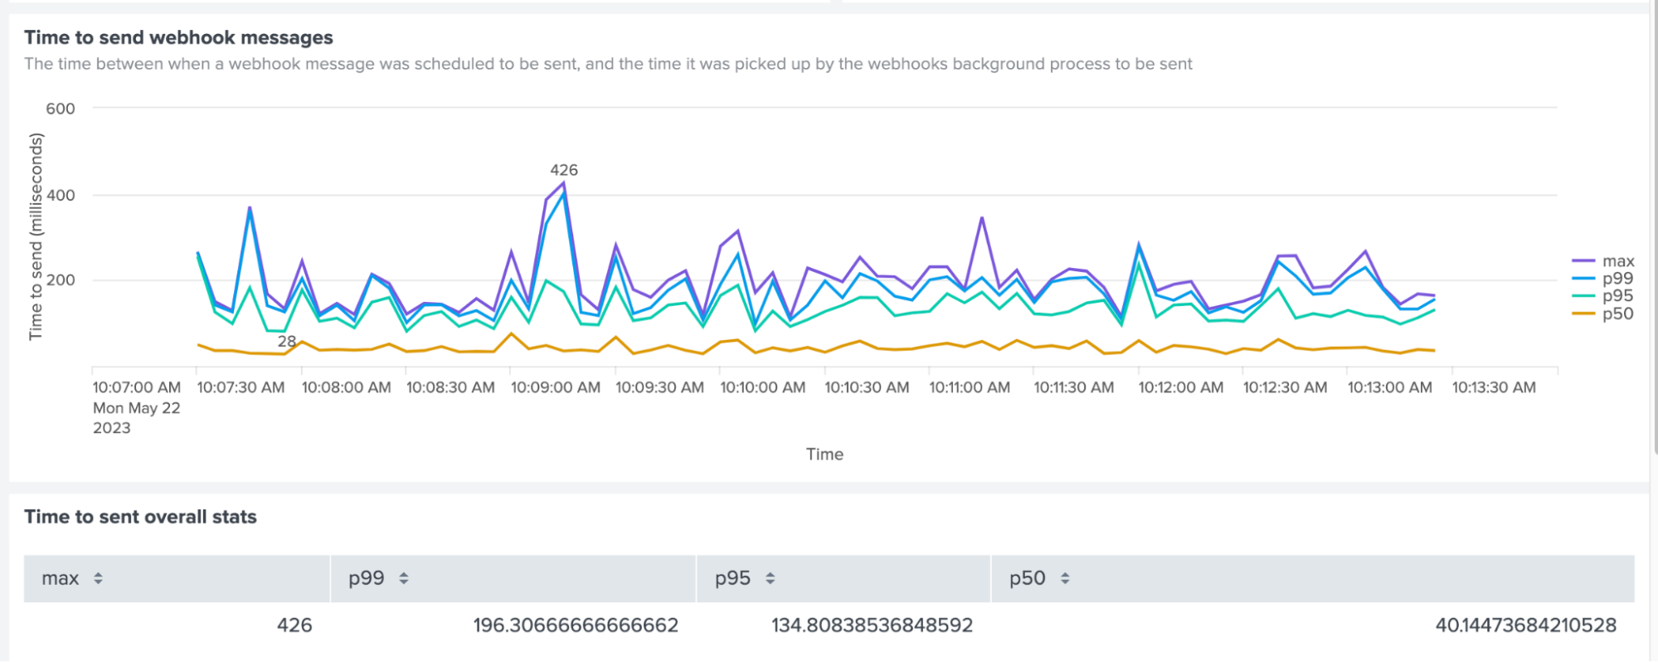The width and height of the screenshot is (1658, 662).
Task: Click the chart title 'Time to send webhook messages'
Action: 178,37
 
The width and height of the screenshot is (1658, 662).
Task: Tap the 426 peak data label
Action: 564,170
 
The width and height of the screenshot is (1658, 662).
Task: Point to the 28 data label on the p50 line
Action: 286,341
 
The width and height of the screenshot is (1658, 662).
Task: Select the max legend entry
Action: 1617,261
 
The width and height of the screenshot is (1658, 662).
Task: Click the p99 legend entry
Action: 1617,279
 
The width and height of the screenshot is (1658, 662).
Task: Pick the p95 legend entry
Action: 1617,296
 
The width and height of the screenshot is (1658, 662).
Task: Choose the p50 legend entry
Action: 1617,314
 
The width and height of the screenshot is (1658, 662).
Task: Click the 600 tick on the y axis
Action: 60,109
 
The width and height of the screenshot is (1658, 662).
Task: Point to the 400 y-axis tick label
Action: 60,195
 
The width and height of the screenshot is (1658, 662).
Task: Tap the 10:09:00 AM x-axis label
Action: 555,387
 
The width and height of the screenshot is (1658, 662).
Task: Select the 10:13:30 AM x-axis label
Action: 1494,387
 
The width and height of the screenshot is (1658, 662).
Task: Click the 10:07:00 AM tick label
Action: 136,387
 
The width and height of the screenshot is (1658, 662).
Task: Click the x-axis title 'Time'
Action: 824,454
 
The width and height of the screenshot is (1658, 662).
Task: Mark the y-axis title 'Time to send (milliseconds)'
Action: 36,236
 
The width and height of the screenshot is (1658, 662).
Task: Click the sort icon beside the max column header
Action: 98,578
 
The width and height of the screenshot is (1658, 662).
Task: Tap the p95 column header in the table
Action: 732,578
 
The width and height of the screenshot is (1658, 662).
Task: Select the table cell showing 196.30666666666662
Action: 575,625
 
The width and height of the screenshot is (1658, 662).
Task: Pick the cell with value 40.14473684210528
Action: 1525,625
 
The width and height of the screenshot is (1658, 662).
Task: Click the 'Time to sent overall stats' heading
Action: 140,517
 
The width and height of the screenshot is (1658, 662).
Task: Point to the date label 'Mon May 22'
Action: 136,408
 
